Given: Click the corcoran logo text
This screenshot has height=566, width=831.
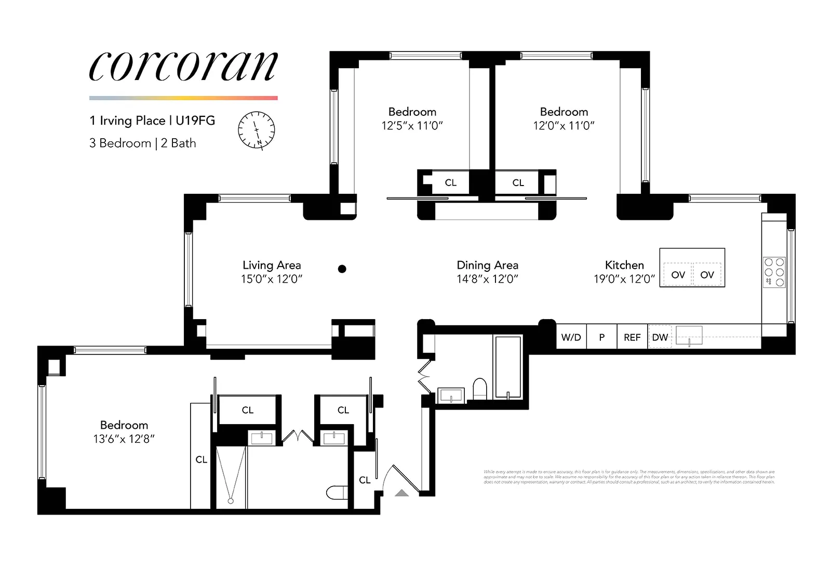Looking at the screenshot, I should coord(183,67).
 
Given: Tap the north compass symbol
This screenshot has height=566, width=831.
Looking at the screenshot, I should coord(257,130).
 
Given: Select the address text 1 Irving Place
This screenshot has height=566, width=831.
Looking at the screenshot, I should coord(127,121).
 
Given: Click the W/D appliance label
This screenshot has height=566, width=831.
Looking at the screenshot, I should coord(571,337).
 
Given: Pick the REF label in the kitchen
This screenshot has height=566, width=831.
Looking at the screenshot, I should coord(632,337).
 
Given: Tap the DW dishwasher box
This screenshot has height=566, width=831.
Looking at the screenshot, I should coord(660,337).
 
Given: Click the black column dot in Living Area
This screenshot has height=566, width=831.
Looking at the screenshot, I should coord(342,269).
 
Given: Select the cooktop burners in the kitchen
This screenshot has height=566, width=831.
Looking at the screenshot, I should coord(774,272).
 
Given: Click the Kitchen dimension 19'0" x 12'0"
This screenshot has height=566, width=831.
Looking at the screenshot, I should coord(624,279).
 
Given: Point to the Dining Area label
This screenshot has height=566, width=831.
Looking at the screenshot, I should coord(487,265).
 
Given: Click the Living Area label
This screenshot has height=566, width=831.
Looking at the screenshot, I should coord(272,265).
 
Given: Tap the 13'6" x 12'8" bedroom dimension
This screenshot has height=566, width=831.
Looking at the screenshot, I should coord(124,439).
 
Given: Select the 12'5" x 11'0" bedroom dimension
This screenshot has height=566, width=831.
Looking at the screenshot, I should coord(412,126).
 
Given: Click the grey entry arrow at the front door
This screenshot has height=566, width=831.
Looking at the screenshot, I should coord(401,492).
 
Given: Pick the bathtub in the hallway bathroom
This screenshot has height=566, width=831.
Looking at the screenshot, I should coord(508,367).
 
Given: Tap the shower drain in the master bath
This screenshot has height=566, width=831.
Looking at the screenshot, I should coord(231,501).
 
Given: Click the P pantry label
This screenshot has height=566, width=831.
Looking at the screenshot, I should coord(601,337).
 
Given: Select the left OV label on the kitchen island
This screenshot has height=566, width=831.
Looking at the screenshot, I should coord(678,275).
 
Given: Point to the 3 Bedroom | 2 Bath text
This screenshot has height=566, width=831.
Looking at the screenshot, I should coord(143,143).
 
